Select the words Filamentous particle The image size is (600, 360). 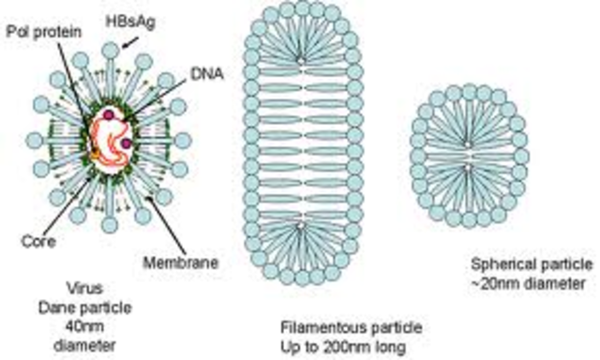[352, 327]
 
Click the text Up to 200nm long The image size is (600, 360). [351, 344]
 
